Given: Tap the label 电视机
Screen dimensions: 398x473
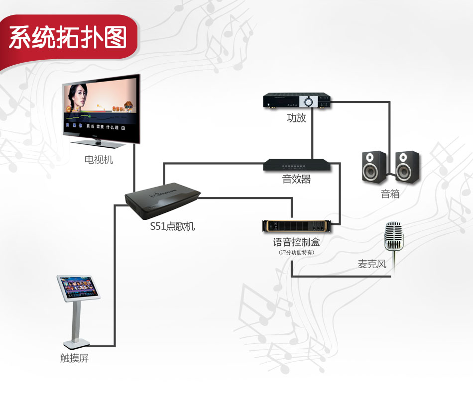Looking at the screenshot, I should pos(99,160).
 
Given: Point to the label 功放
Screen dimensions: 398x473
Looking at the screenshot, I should pos(296,118).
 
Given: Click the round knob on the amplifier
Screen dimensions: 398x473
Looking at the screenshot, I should pos(309,101).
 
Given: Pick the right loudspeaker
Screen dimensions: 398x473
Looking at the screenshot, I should pos(407,167).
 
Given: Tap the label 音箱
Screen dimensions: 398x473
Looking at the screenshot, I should pos(390,194).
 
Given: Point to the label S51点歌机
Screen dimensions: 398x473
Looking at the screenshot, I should pos(173,227).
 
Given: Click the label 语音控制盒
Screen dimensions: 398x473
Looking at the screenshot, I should pos(297,243).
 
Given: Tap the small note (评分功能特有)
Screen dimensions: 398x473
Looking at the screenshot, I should pos(297,253).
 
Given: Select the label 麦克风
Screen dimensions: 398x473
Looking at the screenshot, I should pos(372,264).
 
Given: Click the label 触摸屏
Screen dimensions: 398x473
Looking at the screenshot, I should pos(75,358).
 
